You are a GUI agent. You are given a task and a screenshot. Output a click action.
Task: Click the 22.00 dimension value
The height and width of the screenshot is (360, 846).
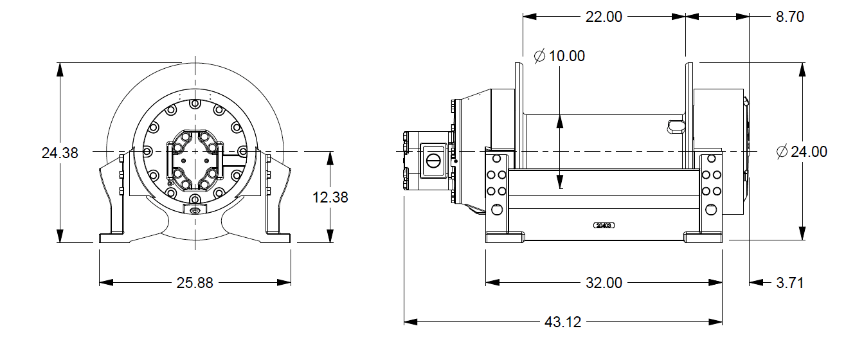point(604,17)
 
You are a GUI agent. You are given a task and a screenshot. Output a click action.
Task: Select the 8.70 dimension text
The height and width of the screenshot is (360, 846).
point(790,17)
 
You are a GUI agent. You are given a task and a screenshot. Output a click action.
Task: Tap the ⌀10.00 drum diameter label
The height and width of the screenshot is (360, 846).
point(559,57)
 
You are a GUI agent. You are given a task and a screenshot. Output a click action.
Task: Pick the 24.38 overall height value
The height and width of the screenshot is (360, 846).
point(60,153)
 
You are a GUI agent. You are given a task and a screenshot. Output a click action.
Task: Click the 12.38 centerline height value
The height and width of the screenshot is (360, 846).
point(330,197)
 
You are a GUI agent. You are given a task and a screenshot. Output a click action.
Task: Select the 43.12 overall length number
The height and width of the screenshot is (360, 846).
point(562,322)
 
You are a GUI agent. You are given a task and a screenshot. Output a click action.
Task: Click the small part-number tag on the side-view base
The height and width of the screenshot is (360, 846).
point(604,226)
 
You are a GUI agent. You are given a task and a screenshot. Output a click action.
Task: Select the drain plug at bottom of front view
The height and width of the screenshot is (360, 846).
point(195,210)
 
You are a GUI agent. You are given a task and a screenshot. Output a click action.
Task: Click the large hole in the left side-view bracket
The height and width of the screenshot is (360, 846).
point(496,210)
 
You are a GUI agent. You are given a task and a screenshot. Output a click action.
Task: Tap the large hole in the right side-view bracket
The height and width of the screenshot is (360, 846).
point(711,210)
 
